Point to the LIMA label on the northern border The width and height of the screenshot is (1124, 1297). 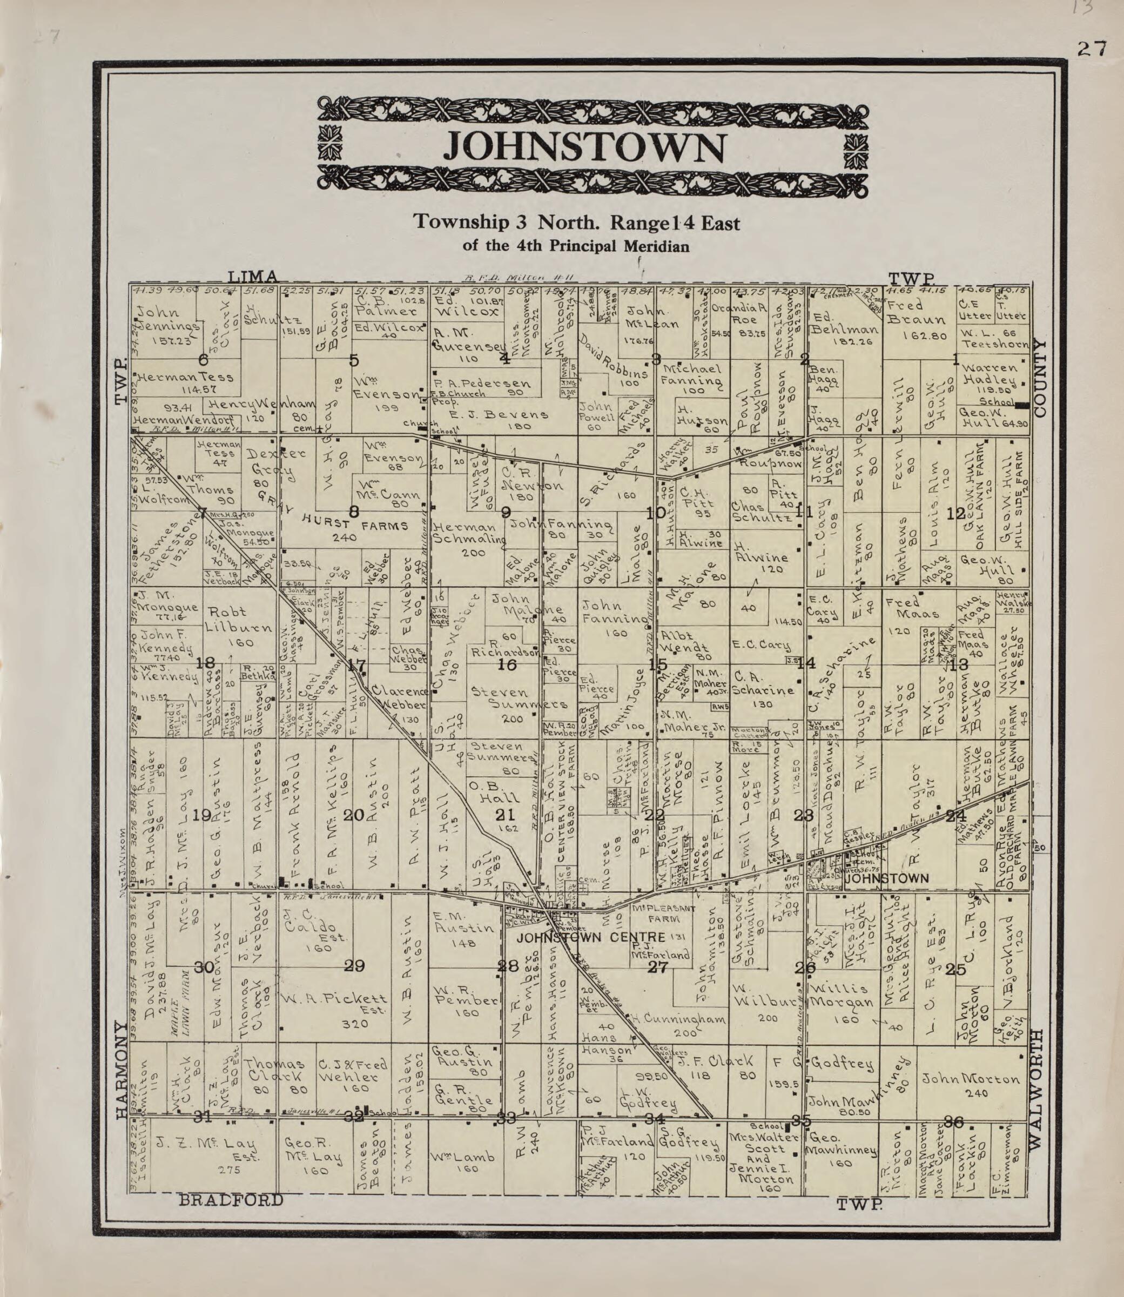(252, 276)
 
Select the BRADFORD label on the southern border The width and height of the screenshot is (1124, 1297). (231, 1200)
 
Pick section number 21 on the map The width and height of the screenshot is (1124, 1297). (506, 815)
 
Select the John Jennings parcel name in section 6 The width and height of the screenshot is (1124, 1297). (166, 320)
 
